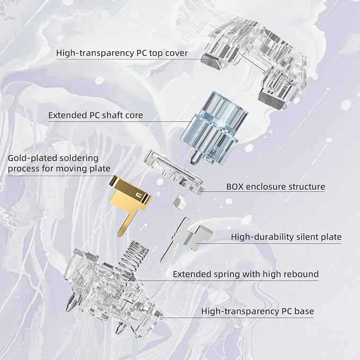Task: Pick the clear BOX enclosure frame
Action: click(x=174, y=173)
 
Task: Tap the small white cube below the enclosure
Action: click(x=179, y=202)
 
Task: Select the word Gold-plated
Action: click(x=32, y=159)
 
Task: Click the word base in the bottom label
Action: click(x=304, y=311)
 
